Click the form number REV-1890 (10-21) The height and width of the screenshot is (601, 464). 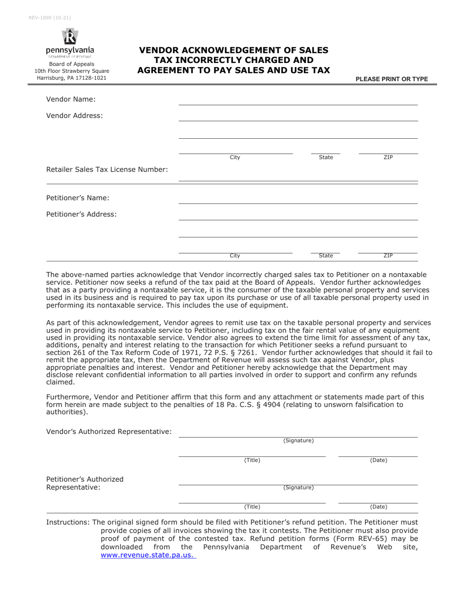(50, 18)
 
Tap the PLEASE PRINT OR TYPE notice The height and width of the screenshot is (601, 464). (392, 79)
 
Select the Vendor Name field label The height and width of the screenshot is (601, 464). (71, 100)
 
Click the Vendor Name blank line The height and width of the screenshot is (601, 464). (298, 101)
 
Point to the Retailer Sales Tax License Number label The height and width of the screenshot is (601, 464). (107, 170)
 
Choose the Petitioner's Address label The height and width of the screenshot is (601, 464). (82, 214)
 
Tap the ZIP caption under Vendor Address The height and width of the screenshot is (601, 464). (388, 157)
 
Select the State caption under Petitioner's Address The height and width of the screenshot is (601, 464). (326, 256)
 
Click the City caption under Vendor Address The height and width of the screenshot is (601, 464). (235, 157)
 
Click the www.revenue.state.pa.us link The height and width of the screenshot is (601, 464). (148, 555)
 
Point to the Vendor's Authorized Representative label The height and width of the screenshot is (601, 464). (109, 431)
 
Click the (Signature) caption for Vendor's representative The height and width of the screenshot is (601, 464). (298, 441)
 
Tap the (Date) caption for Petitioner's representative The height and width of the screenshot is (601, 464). (379, 507)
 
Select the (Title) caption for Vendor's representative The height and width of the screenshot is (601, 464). (252, 460)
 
